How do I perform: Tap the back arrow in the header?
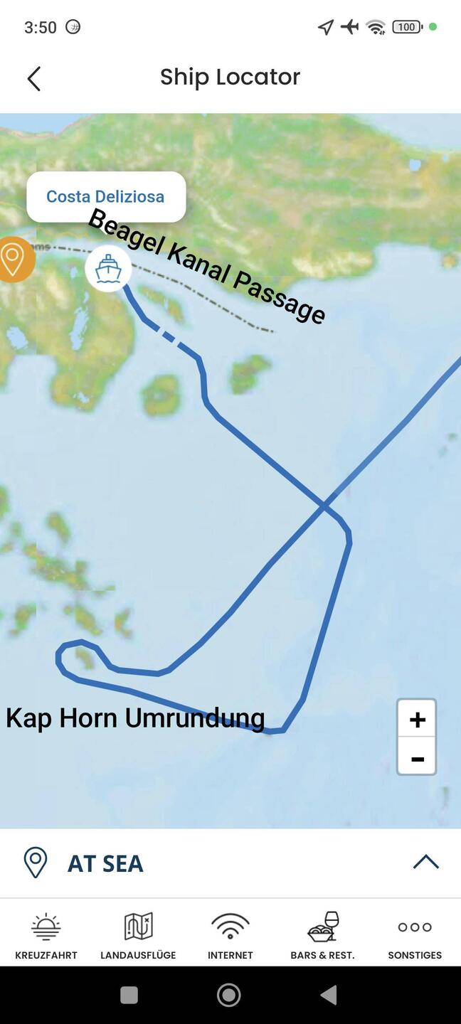(33, 78)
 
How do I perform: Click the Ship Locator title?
(230, 77)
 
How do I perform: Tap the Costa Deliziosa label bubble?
(106, 196)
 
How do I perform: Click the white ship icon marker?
(108, 269)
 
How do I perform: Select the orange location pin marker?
(12, 259)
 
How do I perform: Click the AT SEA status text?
(105, 863)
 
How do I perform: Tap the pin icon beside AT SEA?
(36, 863)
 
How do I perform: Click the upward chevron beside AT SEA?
(425, 862)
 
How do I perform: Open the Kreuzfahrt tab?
(46, 936)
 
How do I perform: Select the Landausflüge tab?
(138, 936)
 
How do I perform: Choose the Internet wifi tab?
(230, 936)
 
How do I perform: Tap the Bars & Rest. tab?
(322, 936)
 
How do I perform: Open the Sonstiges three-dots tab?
(415, 936)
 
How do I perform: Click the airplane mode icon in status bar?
(349, 27)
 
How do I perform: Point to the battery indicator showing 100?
(407, 27)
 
